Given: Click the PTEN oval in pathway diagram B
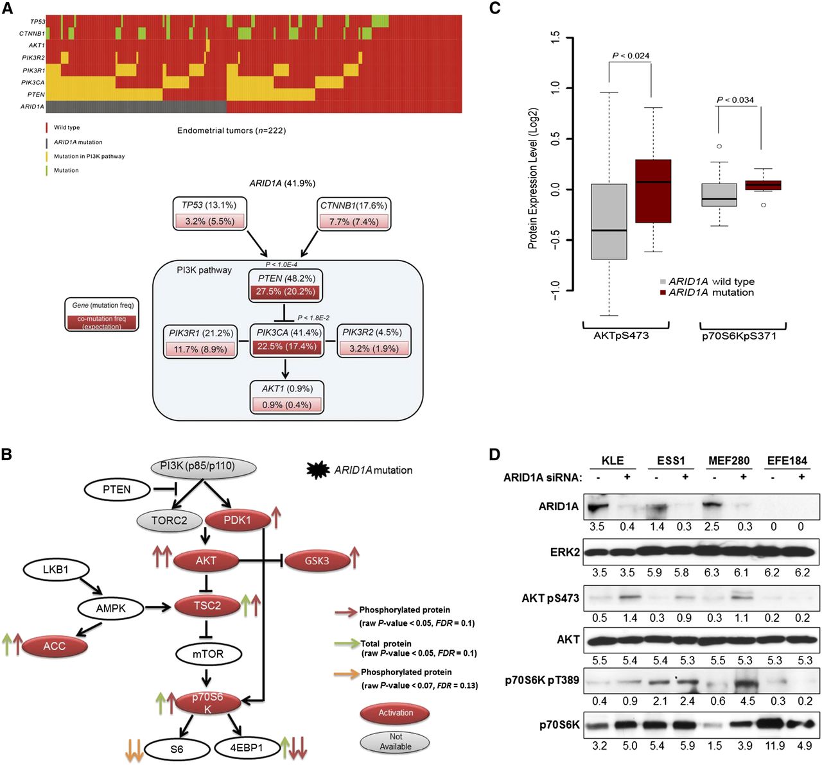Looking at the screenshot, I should (x=117, y=490).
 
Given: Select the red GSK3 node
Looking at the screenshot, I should (x=317, y=560).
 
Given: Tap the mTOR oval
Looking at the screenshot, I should (x=208, y=654).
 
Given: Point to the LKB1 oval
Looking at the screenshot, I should (x=56, y=569).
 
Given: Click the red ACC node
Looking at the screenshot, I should (x=55, y=646).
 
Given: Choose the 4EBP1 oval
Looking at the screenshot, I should (x=247, y=748).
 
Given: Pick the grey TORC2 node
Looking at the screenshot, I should (x=169, y=520).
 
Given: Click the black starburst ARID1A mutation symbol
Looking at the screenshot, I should (x=319, y=470).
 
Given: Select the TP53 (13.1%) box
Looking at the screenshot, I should (x=209, y=214).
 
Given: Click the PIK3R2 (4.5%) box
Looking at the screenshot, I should (x=372, y=341).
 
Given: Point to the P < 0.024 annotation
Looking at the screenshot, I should (x=631, y=56).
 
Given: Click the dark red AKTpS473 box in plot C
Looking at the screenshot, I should (x=653, y=191).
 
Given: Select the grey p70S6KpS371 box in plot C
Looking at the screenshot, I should (x=719, y=194).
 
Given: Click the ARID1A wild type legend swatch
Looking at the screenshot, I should (x=663, y=282).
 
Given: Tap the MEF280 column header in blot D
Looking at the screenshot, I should (x=729, y=460).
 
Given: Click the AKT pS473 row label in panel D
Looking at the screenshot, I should (x=550, y=599).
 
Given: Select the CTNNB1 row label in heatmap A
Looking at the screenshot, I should (x=32, y=33).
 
